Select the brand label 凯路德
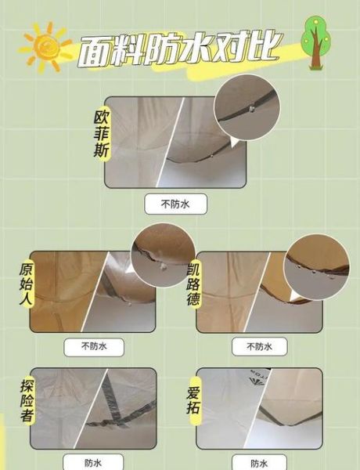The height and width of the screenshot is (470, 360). [x=195, y=283]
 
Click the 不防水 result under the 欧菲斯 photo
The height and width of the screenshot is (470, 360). [x=176, y=205]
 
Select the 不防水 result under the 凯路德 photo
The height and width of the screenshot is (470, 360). [x=259, y=345]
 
